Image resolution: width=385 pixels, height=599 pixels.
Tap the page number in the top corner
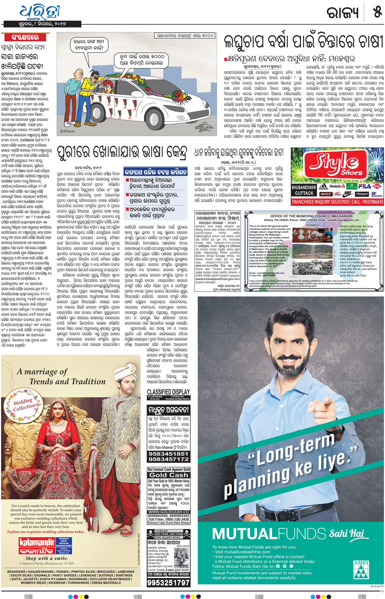click(x=378, y=12)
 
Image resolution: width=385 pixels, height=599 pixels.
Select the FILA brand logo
click(x=364, y=186)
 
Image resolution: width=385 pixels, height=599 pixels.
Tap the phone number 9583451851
click(x=169, y=454)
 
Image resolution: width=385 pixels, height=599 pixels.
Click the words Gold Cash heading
click(x=169, y=475)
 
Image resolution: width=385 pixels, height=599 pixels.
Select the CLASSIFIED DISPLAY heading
click(x=168, y=392)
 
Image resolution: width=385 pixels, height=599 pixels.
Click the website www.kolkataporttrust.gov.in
click(x=218, y=279)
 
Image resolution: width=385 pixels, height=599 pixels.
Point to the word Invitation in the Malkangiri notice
click(x=313, y=225)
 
